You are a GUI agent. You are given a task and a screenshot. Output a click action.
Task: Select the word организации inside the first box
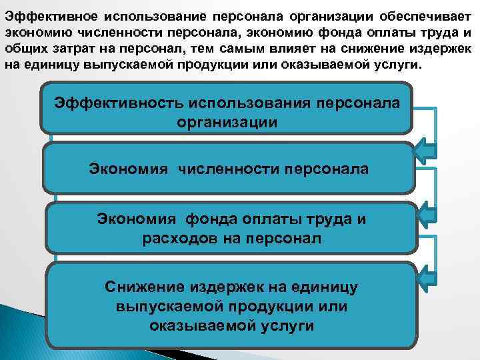point(227,122)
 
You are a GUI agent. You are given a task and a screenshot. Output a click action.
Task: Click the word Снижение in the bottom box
point(143,287)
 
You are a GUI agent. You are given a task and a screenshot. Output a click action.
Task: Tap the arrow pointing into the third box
point(425,212)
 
